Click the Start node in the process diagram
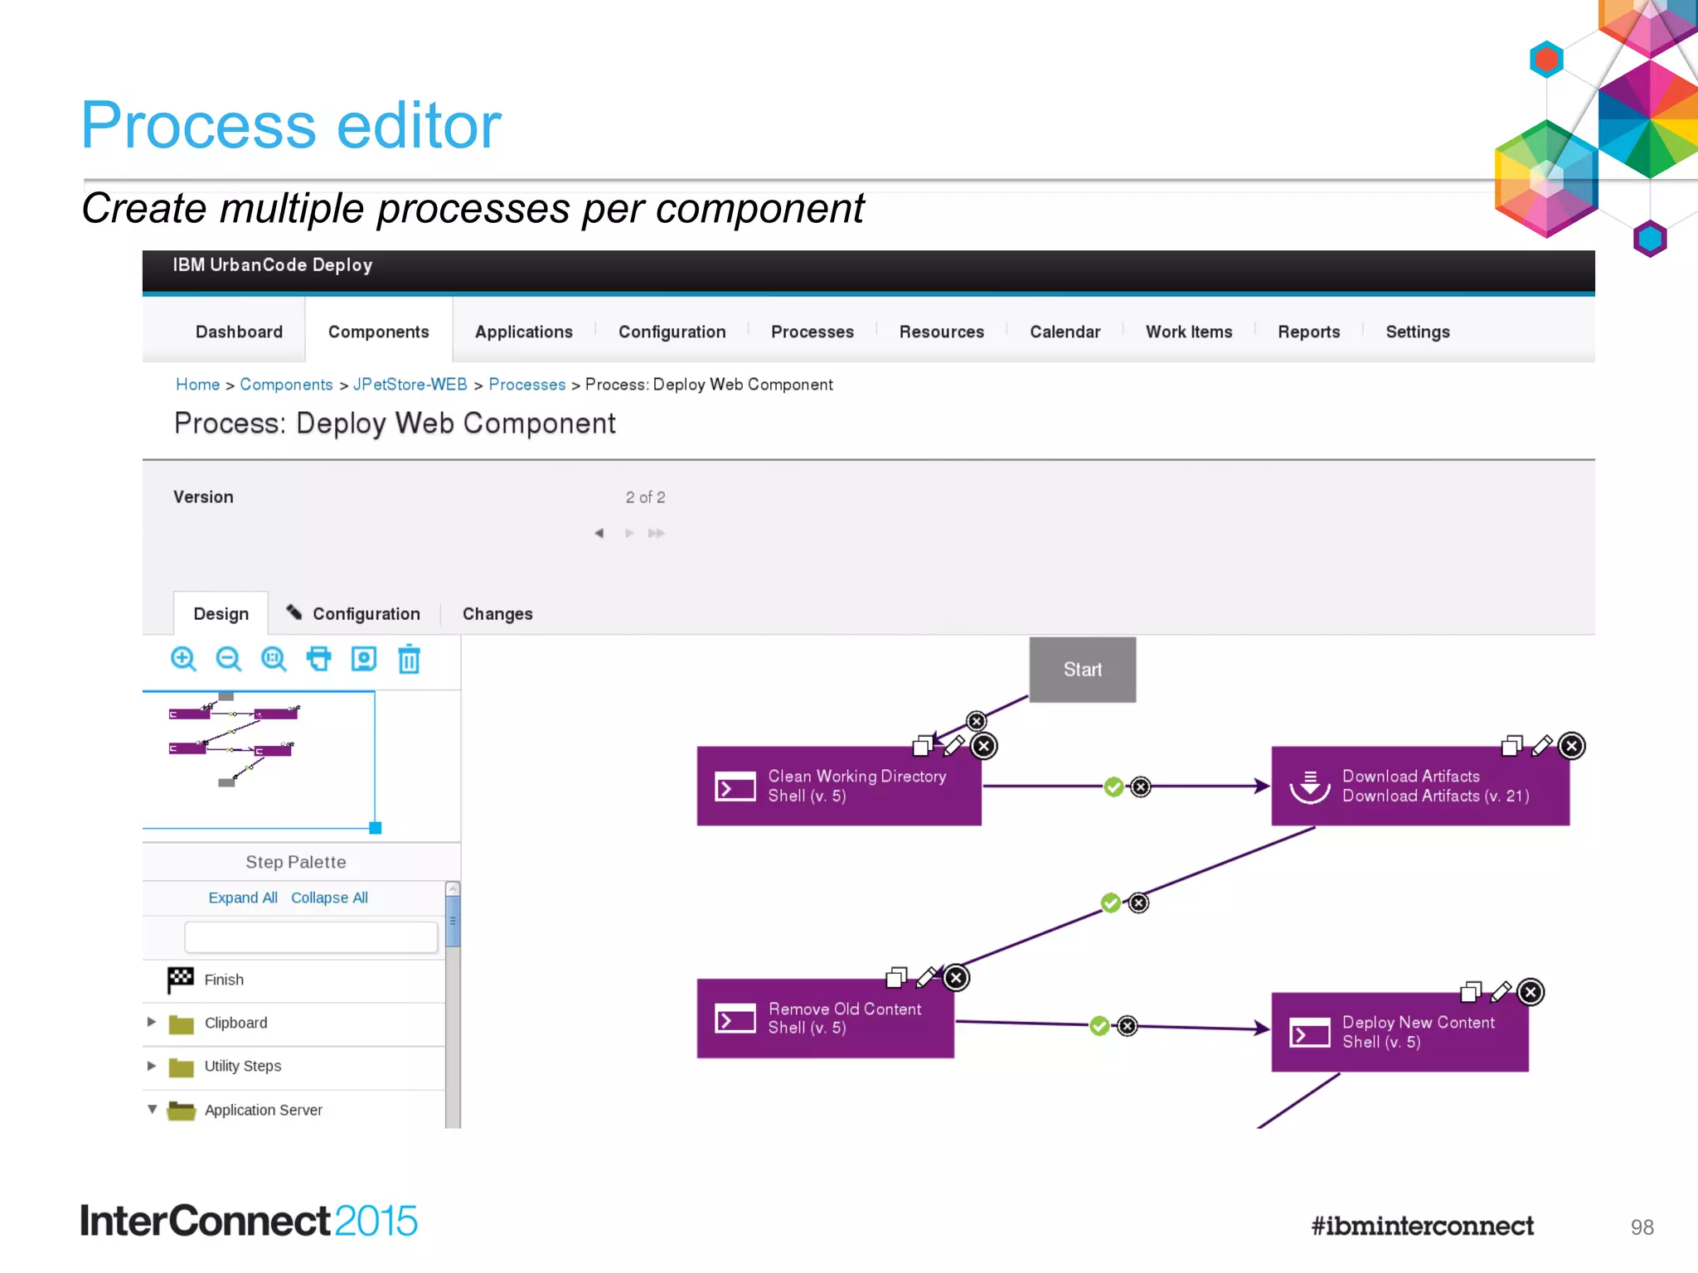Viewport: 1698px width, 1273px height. click(1082, 670)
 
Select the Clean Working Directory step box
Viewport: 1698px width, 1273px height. click(838, 786)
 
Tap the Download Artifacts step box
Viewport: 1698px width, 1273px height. click(1419, 786)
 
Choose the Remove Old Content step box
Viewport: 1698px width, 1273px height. click(825, 1019)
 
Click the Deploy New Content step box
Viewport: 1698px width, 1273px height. click(1400, 1033)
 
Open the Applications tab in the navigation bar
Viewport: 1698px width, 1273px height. click(523, 332)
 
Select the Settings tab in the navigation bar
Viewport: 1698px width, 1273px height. click(1417, 332)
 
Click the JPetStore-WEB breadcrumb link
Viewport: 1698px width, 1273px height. click(410, 385)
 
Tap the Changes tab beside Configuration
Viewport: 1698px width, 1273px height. click(497, 614)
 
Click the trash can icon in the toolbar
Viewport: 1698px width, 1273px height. click(409, 660)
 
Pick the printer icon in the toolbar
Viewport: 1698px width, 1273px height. click(318, 659)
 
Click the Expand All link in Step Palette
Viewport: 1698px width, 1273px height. click(242, 898)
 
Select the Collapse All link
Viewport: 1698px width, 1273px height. click(329, 898)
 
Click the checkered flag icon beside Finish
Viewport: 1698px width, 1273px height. click(180, 980)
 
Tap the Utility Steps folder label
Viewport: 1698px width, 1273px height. click(242, 1066)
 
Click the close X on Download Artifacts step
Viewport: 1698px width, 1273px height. click(1571, 746)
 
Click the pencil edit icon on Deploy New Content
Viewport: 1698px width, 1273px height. click(1501, 991)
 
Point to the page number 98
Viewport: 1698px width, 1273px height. click(1642, 1227)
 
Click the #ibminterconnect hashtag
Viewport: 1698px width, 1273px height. click(1422, 1226)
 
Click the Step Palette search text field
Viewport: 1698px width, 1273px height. click(311, 937)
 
